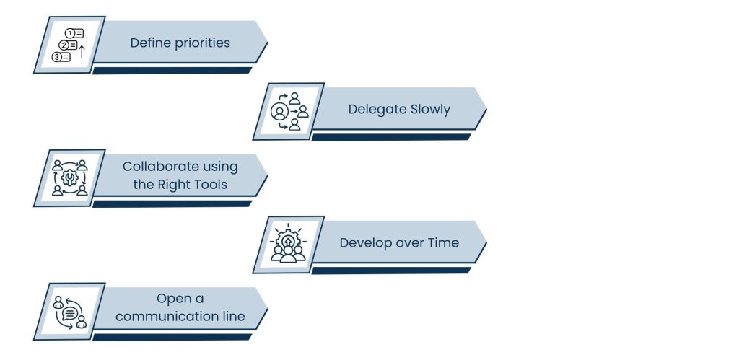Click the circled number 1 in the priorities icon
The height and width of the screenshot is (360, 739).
point(69,33)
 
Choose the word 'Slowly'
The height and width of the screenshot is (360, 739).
point(430,110)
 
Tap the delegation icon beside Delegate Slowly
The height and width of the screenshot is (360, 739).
point(288,111)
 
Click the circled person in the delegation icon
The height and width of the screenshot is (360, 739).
point(279,112)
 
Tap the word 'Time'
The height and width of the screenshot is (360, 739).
point(443,242)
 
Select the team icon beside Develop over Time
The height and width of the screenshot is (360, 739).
point(288,245)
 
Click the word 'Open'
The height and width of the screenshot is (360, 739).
point(175,299)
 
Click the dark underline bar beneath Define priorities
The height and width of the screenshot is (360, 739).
point(172,70)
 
